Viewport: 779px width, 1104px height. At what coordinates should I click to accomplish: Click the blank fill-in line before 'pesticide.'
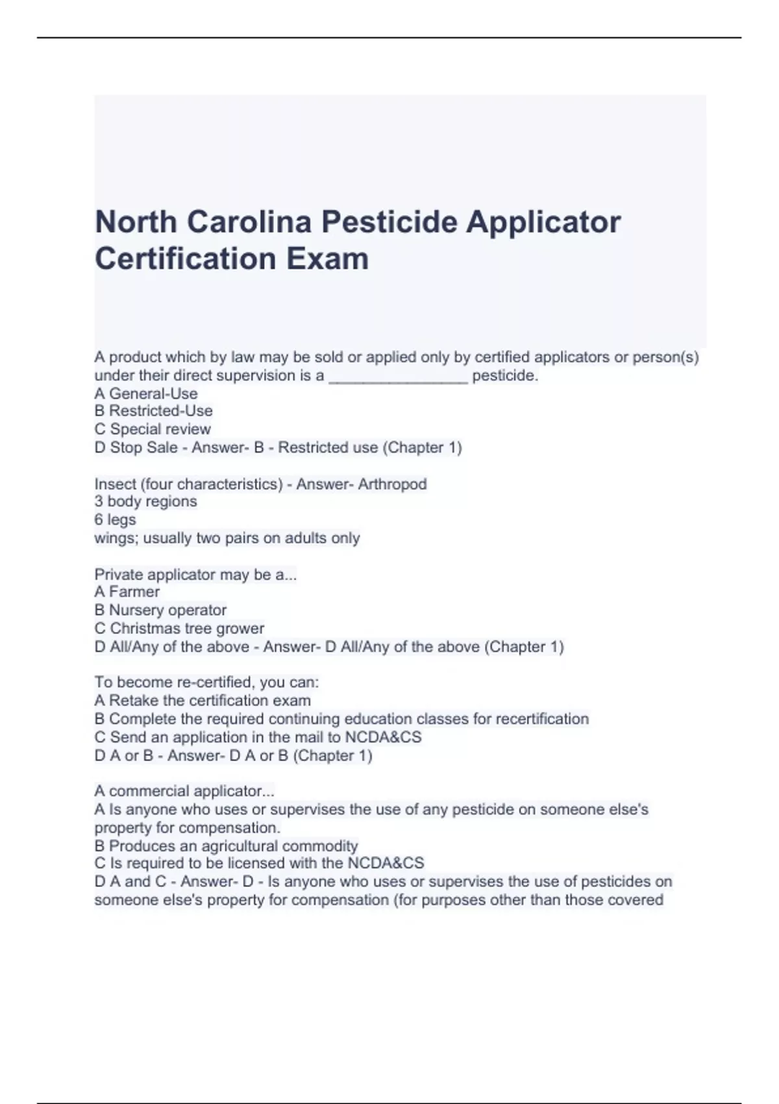tap(398, 377)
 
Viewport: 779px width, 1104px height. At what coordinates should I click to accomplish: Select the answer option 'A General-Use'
tap(146, 394)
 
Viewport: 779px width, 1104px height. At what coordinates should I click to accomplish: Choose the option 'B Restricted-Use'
tap(154, 411)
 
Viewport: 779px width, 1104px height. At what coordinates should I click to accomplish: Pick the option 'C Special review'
tap(153, 429)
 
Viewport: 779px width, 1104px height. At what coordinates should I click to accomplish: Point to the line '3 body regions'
tap(145, 501)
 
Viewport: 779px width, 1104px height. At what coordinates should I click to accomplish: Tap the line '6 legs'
tap(115, 520)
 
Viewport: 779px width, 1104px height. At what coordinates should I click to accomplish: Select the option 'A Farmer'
tap(127, 592)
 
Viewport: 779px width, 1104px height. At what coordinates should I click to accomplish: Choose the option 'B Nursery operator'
tap(160, 610)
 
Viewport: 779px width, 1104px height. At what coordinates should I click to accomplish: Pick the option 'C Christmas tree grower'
tap(179, 629)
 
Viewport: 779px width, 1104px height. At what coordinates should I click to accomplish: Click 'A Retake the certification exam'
tap(203, 701)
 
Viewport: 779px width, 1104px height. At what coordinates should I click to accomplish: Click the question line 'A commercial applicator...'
tap(184, 791)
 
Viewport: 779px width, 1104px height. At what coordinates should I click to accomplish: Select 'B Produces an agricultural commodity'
tap(226, 846)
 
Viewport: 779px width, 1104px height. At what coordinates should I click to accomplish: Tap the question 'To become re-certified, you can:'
tap(206, 683)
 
